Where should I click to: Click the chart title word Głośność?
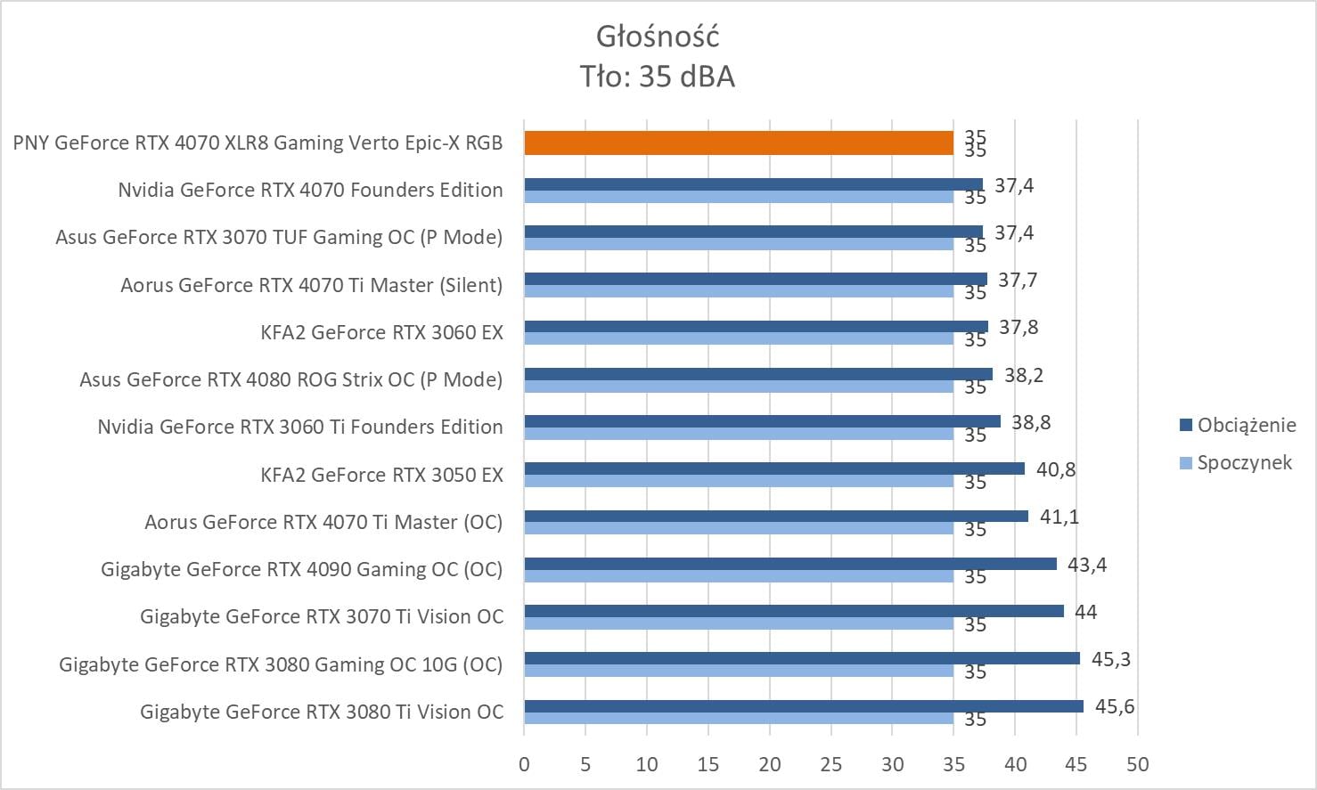click(x=658, y=37)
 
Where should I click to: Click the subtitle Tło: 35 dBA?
click(x=658, y=77)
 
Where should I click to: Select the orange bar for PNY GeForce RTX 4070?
click(x=738, y=143)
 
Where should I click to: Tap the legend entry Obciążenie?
click(x=1246, y=425)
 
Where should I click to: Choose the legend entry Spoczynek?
click(x=1244, y=462)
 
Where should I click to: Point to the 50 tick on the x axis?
click(x=1137, y=764)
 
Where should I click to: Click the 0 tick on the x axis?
click(x=524, y=764)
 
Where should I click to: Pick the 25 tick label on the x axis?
click(x=830, y=764)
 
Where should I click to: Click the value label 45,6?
click(x=1115, y=707)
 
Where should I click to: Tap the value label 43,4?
click(x=1087, y=565)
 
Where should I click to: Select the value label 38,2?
click(x=1024, y=375)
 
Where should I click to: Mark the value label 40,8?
click(x=1056, y=469)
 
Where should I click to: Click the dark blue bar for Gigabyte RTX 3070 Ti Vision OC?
click(x=793, y=611)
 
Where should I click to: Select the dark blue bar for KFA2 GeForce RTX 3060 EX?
click(x=756, y=326)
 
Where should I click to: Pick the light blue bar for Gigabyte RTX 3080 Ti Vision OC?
click(x=738, y=718)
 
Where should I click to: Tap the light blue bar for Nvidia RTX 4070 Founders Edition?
click(x=738, y=197)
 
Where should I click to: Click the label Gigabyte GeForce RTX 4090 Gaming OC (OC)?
click(x=302, y=569)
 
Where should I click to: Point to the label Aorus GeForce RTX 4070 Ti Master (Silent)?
click(x=312, y=285)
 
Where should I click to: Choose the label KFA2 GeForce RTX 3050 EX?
click(x=381, y=475)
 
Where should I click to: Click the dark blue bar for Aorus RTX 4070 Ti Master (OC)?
click(x=775, y=516)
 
